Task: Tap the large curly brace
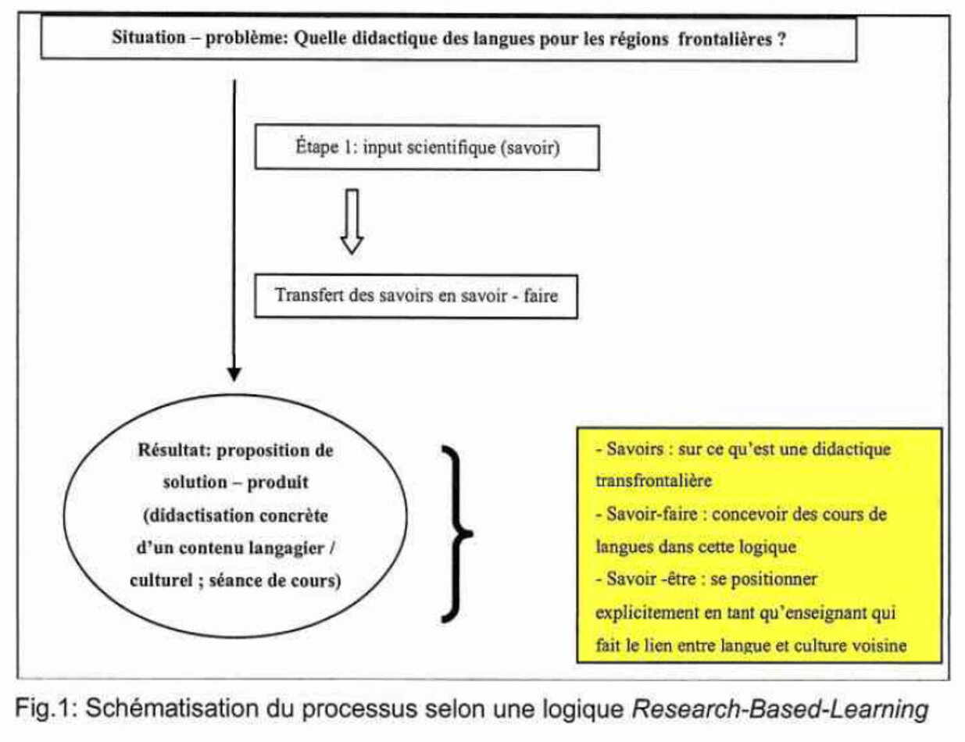[457, 531]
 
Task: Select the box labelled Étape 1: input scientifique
[427, 148]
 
